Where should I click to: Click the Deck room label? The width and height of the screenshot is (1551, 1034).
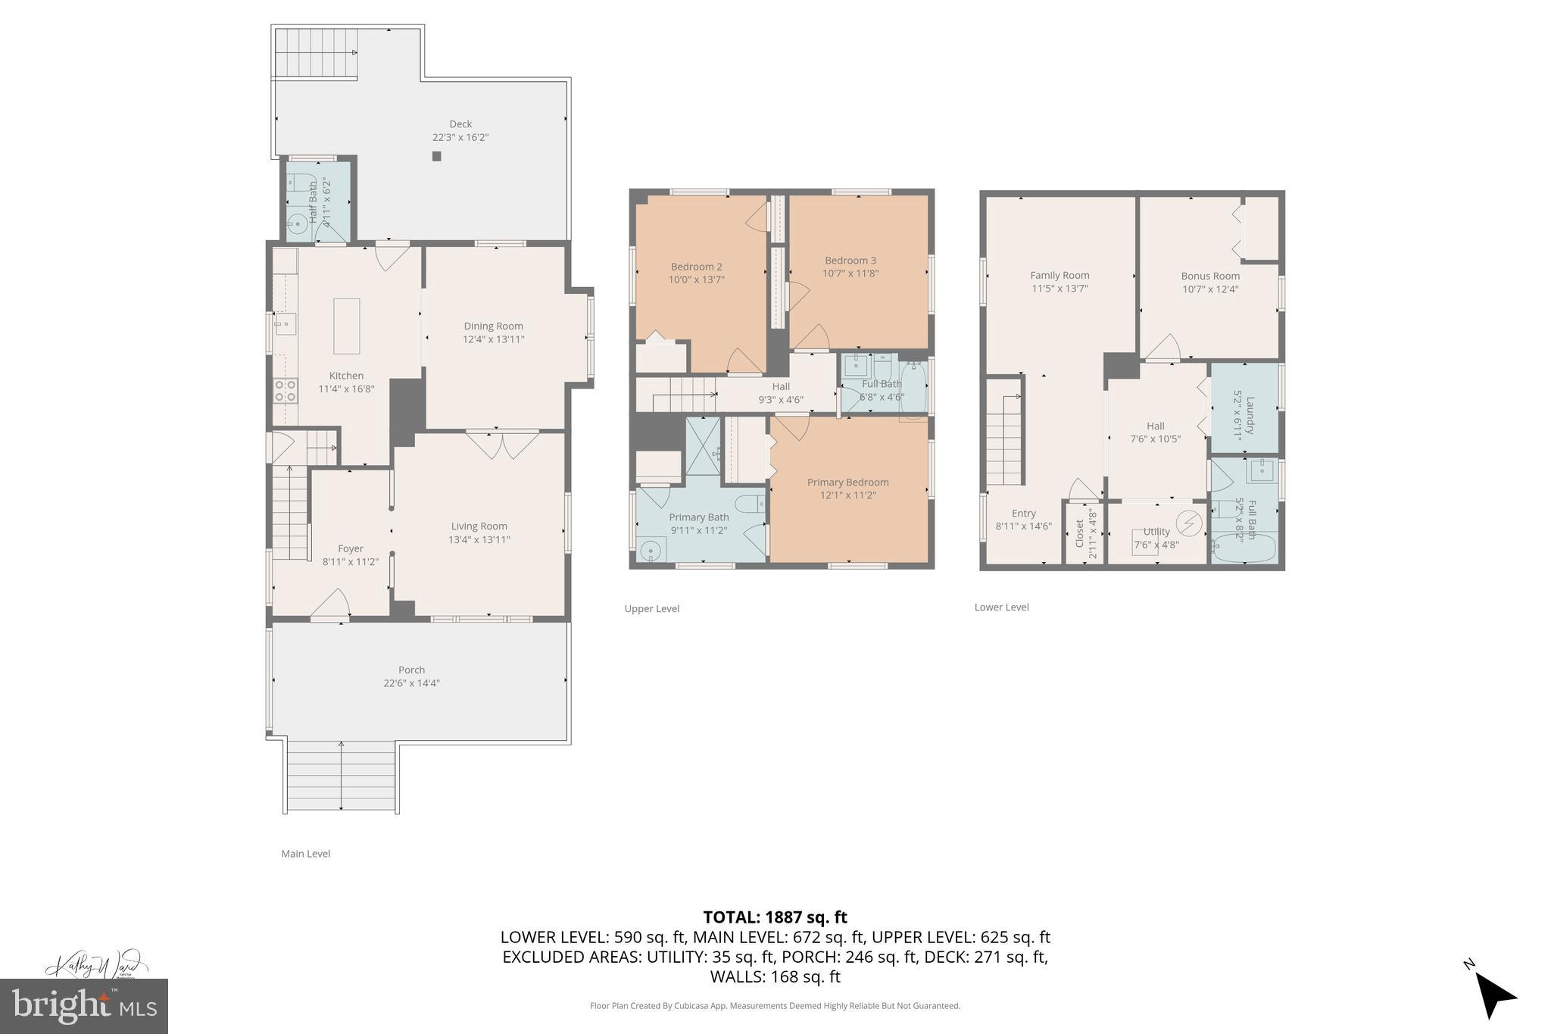[x=460, y=124]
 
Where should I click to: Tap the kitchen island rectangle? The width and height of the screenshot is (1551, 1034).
[x=347, y=326]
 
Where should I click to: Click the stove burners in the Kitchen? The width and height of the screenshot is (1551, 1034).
[x=285, y=391]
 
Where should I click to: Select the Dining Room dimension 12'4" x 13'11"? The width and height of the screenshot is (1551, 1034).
[x=494, y=339]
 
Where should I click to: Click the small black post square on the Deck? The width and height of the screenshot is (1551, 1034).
[x=436, y=156]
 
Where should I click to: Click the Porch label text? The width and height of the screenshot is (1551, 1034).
[x=411, y=670]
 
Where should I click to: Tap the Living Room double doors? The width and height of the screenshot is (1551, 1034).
[x=502, y=445]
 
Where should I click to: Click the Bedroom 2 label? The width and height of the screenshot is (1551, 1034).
[x=696, y=267]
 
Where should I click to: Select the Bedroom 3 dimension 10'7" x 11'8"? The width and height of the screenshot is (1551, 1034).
[x=850, y=273]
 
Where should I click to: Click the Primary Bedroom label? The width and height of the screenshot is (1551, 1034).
[x=847, y=483]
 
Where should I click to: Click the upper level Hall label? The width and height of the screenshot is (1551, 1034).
[x=781, y=386]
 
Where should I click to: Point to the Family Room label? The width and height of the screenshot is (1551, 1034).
[x=1059, y=276]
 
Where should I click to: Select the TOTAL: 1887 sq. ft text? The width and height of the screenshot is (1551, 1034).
[x=775, y=917]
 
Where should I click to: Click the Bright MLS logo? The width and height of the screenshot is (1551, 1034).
[x=84, y=1006]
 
